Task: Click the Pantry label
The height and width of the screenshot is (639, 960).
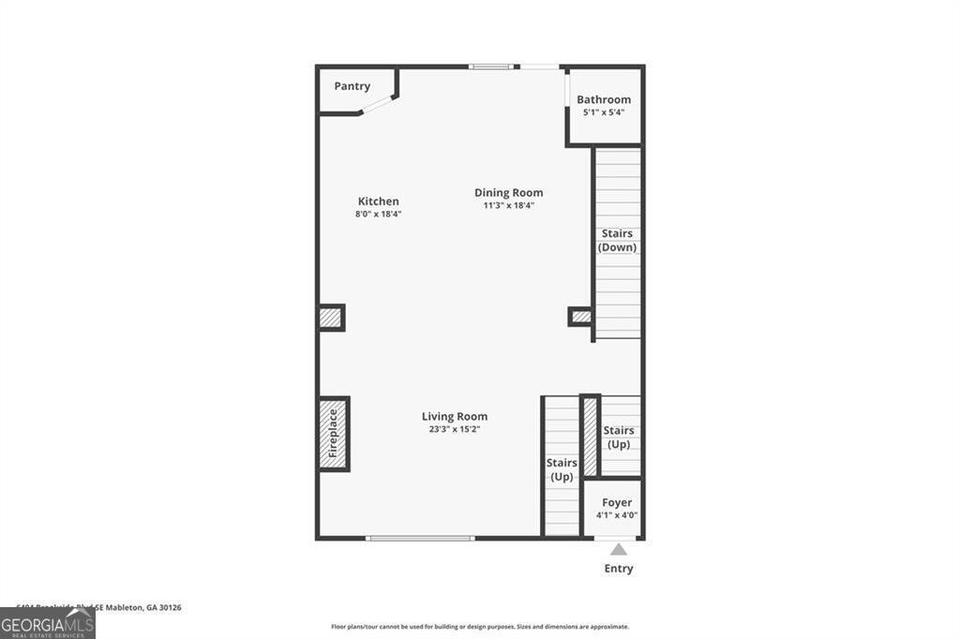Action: coord(352,86)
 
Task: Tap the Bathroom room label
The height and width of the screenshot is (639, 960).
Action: coord(604,99)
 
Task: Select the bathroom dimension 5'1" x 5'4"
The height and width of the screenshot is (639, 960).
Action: coord(604,112)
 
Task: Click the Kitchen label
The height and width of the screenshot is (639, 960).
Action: coord(379,201)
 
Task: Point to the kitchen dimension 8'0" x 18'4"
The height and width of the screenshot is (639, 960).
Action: coord(379,214)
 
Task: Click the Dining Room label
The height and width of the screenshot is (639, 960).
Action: coord(508,193)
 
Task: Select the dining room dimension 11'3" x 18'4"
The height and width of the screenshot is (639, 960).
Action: coord(508,205)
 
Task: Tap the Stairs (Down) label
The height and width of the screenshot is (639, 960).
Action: coord(617,241)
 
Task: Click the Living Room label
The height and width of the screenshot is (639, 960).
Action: coord(455,417)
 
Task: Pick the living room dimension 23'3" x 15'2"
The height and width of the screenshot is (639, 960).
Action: coord(455,429)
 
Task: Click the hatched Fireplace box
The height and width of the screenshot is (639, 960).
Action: coord(333,435)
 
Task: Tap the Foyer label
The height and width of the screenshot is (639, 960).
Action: coord(617,503)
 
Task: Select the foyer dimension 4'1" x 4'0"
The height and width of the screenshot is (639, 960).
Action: coord(617,515)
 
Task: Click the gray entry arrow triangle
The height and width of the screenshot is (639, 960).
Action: coord(619,550)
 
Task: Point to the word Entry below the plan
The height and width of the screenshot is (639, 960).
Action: coord(619,569)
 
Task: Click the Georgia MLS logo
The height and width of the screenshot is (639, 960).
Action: coord(47,624)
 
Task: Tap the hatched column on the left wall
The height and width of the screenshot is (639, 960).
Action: coord(330,318)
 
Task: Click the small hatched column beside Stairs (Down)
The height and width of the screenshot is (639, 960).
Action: coord(581,317)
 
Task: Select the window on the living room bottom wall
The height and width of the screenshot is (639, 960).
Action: coord(420,538)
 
